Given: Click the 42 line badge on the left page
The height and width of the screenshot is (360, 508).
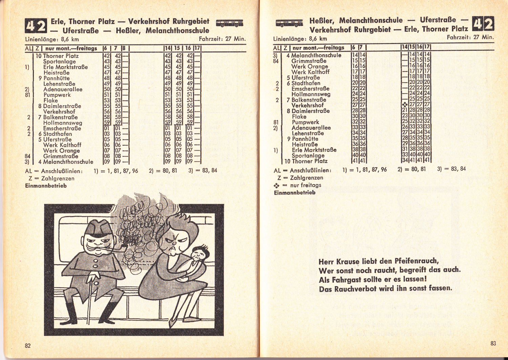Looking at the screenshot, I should (36, 26).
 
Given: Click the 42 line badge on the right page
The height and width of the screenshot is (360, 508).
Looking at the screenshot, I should (483, 24).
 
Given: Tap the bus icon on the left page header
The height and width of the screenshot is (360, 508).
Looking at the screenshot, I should (229, 23).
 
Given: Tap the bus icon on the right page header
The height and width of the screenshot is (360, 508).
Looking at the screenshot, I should (289, 23).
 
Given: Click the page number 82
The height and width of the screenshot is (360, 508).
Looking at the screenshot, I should (28, 345).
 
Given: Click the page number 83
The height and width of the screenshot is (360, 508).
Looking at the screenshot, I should (493, 343).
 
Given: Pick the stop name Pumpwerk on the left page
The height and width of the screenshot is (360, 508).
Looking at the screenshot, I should (57, 95).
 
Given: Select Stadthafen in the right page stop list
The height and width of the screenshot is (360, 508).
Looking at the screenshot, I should (306, 83).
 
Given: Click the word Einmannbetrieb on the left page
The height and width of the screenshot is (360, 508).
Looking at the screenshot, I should (46, 186).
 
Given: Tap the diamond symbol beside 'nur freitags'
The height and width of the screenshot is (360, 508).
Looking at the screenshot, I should (277, 185).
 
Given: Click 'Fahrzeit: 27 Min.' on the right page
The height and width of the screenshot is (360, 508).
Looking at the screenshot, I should (470, 37).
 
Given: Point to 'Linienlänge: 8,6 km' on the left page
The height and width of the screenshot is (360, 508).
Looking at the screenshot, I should (52, 39).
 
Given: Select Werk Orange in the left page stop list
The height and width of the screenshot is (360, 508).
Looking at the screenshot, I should (61, 150).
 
